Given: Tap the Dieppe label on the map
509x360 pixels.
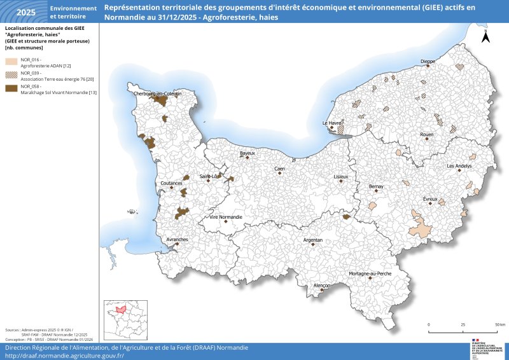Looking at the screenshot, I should click(x=428, y=61).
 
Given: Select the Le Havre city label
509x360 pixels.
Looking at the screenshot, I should click(x=332, y=123).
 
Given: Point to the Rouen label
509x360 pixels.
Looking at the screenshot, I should click(x=427, y=135).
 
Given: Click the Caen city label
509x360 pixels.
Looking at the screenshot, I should click(x=279, y=169).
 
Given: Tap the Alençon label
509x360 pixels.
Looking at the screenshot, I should click(x=322, y=286).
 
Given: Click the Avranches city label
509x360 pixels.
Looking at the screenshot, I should click(x=177, y=239).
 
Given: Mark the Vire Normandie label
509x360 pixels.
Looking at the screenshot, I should click(x=226, y=217).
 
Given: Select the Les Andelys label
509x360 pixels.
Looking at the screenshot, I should click(x=459, y=166).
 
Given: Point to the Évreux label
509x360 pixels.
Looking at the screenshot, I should click(x=430, y=199).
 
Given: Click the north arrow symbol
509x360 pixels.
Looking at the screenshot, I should click(x=485, y=36).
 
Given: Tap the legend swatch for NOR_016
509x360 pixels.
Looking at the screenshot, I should click(x=11, y=62).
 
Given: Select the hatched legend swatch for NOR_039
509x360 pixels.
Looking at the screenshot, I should click(x=11, y=76).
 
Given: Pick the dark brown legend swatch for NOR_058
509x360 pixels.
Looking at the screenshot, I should click(x=11, y=89).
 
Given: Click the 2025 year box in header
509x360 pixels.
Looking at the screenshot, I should click(x=26, y=12).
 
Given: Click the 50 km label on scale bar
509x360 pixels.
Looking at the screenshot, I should click(x=500, y=324).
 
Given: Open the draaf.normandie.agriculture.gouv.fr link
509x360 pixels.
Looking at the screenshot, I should click(x=64, y=356).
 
